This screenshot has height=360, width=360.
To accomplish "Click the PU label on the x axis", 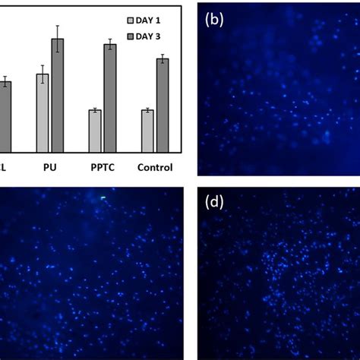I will [50, 167].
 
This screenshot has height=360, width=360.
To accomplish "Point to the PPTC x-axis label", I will [102, 167].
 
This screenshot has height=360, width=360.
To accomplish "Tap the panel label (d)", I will [215, 202].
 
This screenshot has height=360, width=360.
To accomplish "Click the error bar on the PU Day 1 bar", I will [43, 74].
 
